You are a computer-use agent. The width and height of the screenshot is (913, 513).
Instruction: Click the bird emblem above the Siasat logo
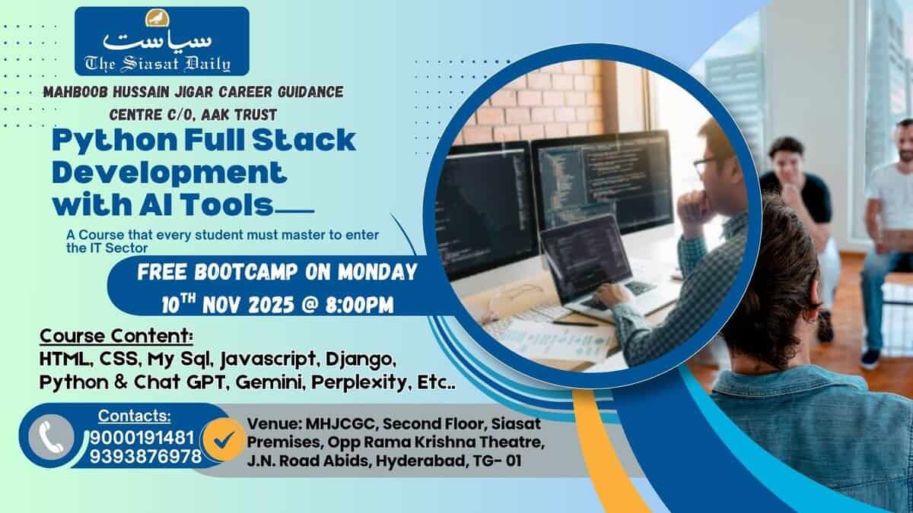[157, 18]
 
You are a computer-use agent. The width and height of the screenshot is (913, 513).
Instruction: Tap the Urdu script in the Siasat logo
[157, 42]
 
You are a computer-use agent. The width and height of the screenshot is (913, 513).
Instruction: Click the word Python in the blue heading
[115, 141]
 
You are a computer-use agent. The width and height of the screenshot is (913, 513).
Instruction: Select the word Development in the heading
[170, 173]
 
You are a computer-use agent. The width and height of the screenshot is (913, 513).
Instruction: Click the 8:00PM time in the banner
[359, 305]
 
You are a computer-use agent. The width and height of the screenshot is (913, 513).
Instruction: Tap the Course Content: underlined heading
[116, 336]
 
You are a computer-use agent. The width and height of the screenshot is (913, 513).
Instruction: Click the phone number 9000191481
[142, 438]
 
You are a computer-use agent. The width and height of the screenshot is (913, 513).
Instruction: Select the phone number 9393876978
[145, 457]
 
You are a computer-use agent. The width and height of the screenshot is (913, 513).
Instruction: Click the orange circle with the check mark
[224, 440]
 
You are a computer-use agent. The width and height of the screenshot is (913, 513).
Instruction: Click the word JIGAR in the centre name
[195, 92]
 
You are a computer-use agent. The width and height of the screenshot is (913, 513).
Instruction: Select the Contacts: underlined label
[135, 416]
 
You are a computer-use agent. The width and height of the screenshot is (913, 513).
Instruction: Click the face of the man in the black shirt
[786, 163]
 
